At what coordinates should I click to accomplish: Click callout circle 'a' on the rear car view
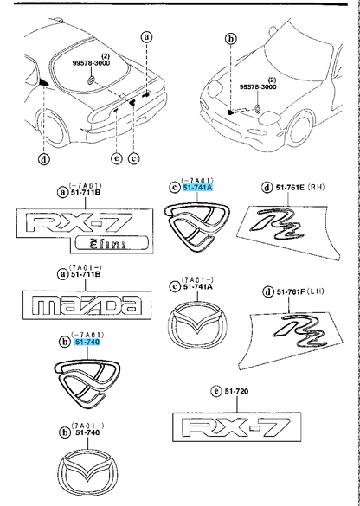(x=146, y=37)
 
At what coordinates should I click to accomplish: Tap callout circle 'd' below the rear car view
(x=43, y=158)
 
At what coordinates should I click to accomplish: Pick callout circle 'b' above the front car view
(x=230, y=39)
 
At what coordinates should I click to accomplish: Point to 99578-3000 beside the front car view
(x=258, y=86)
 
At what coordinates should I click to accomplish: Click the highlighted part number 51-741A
(x=199, y=187)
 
